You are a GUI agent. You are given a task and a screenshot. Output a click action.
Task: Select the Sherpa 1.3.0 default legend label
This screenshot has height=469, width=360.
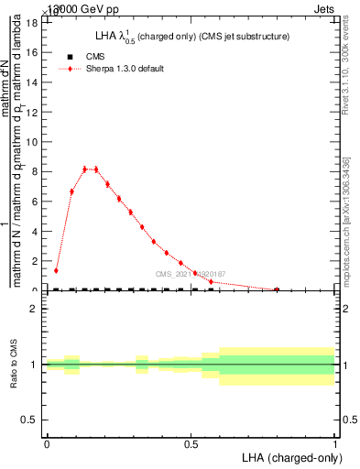coord(125,69)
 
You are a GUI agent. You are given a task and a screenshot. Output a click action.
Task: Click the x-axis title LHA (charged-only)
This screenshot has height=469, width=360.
coord(289,456)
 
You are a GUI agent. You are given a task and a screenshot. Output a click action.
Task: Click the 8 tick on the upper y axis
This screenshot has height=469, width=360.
coord(34,171)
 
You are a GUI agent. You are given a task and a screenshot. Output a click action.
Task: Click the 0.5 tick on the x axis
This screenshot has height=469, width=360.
coord(191,442)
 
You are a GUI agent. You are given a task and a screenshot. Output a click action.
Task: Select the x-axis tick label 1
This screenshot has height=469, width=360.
coord(335,442)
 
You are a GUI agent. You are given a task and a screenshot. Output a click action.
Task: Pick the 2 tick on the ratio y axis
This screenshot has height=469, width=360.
coord(34,309)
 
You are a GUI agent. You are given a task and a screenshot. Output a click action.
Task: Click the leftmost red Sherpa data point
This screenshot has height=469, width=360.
coord(57,270)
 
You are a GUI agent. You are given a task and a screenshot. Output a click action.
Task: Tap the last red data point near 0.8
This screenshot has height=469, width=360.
coord(277,289)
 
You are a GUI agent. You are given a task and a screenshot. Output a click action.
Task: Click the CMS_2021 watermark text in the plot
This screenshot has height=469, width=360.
coord(190,274)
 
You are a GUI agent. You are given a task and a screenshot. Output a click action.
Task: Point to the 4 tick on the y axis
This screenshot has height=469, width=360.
coord(34,231)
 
